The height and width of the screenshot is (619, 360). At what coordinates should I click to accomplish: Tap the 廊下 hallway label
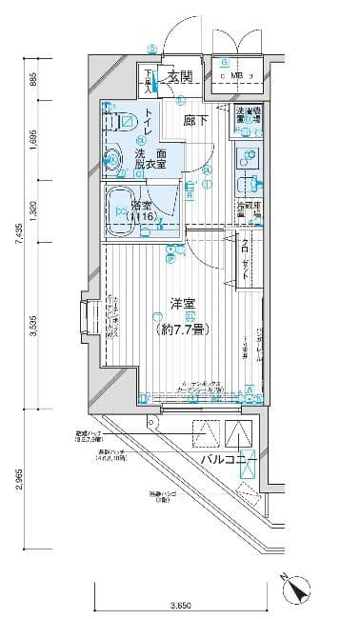[194, 122]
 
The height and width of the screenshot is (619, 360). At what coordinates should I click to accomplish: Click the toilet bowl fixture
[127, 123]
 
